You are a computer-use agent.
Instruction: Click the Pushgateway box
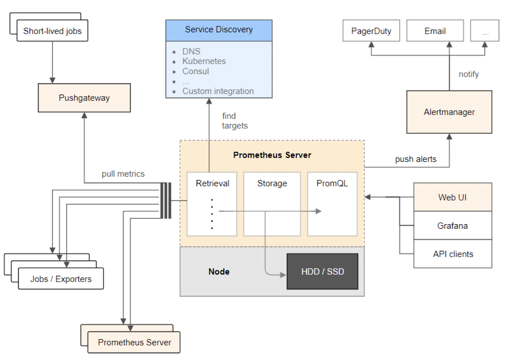tap(84, 98)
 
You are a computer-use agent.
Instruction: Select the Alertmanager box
tap(449, 112)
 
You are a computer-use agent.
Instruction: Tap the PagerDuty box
tap(371, 31)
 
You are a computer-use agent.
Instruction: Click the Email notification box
tap(435, 31)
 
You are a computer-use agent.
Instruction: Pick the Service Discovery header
tap(219, 30)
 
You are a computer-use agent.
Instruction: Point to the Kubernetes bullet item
tap(204, 61)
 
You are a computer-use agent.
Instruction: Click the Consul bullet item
tap(195, 71)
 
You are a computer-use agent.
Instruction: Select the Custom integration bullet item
tap(218, 91)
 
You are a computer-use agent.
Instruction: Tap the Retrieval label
tap(212, 183)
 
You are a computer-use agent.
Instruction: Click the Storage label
tap(272, 183)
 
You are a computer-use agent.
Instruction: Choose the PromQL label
tap(332, 183)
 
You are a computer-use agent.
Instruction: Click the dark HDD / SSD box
tap(322, 271)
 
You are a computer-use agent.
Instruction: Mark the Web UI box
tap(453, 197)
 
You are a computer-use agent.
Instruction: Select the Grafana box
tap(453, 226)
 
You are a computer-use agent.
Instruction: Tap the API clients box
tap(453, 254)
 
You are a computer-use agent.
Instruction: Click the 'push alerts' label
tap(415, 159)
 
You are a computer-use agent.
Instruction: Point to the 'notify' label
tap(469, 74)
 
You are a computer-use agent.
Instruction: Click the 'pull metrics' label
tap(123, 174)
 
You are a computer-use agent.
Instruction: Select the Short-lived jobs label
tap(52, 31)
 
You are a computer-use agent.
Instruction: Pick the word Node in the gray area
tap(219, 271)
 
